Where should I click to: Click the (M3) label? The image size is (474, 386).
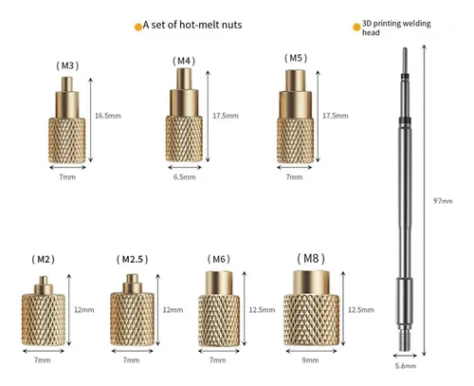coord(67,65)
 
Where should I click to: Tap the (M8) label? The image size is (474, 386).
coord(311,259)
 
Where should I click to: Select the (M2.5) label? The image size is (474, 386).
coord(133,260)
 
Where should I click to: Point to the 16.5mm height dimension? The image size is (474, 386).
coord(108,116)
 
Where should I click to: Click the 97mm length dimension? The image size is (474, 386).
coord(443,201)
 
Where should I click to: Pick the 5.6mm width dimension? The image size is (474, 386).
coord(406,366)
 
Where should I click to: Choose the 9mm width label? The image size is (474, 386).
coord(310,360)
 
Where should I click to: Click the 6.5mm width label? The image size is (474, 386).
coord(184,177)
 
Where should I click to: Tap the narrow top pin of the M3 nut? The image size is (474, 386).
coord(67,84)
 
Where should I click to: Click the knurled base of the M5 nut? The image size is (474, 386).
coord(295,140)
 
